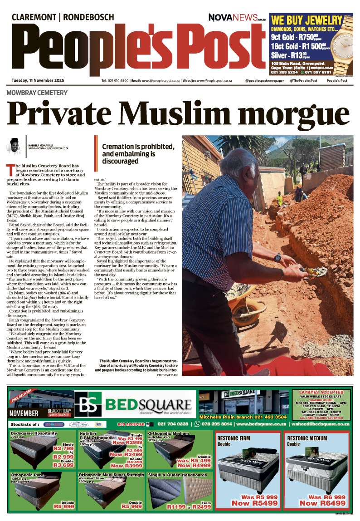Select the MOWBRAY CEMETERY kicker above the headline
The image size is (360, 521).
coord(37,93)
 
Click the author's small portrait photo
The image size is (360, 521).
coord(15,146)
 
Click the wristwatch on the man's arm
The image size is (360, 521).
coord(277,257)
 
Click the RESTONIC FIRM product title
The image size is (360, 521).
coord(234,438)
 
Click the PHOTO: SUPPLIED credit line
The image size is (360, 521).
coord(167,375)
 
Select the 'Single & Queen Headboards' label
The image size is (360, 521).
coord(178,475)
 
